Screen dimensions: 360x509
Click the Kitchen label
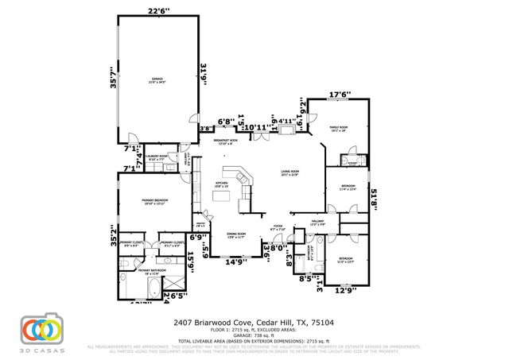point(223,184)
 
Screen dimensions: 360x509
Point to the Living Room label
point(288,172)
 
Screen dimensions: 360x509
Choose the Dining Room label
point(237,234)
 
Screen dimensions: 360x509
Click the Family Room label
point(340,128)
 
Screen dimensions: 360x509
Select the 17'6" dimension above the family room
point(340,94)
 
